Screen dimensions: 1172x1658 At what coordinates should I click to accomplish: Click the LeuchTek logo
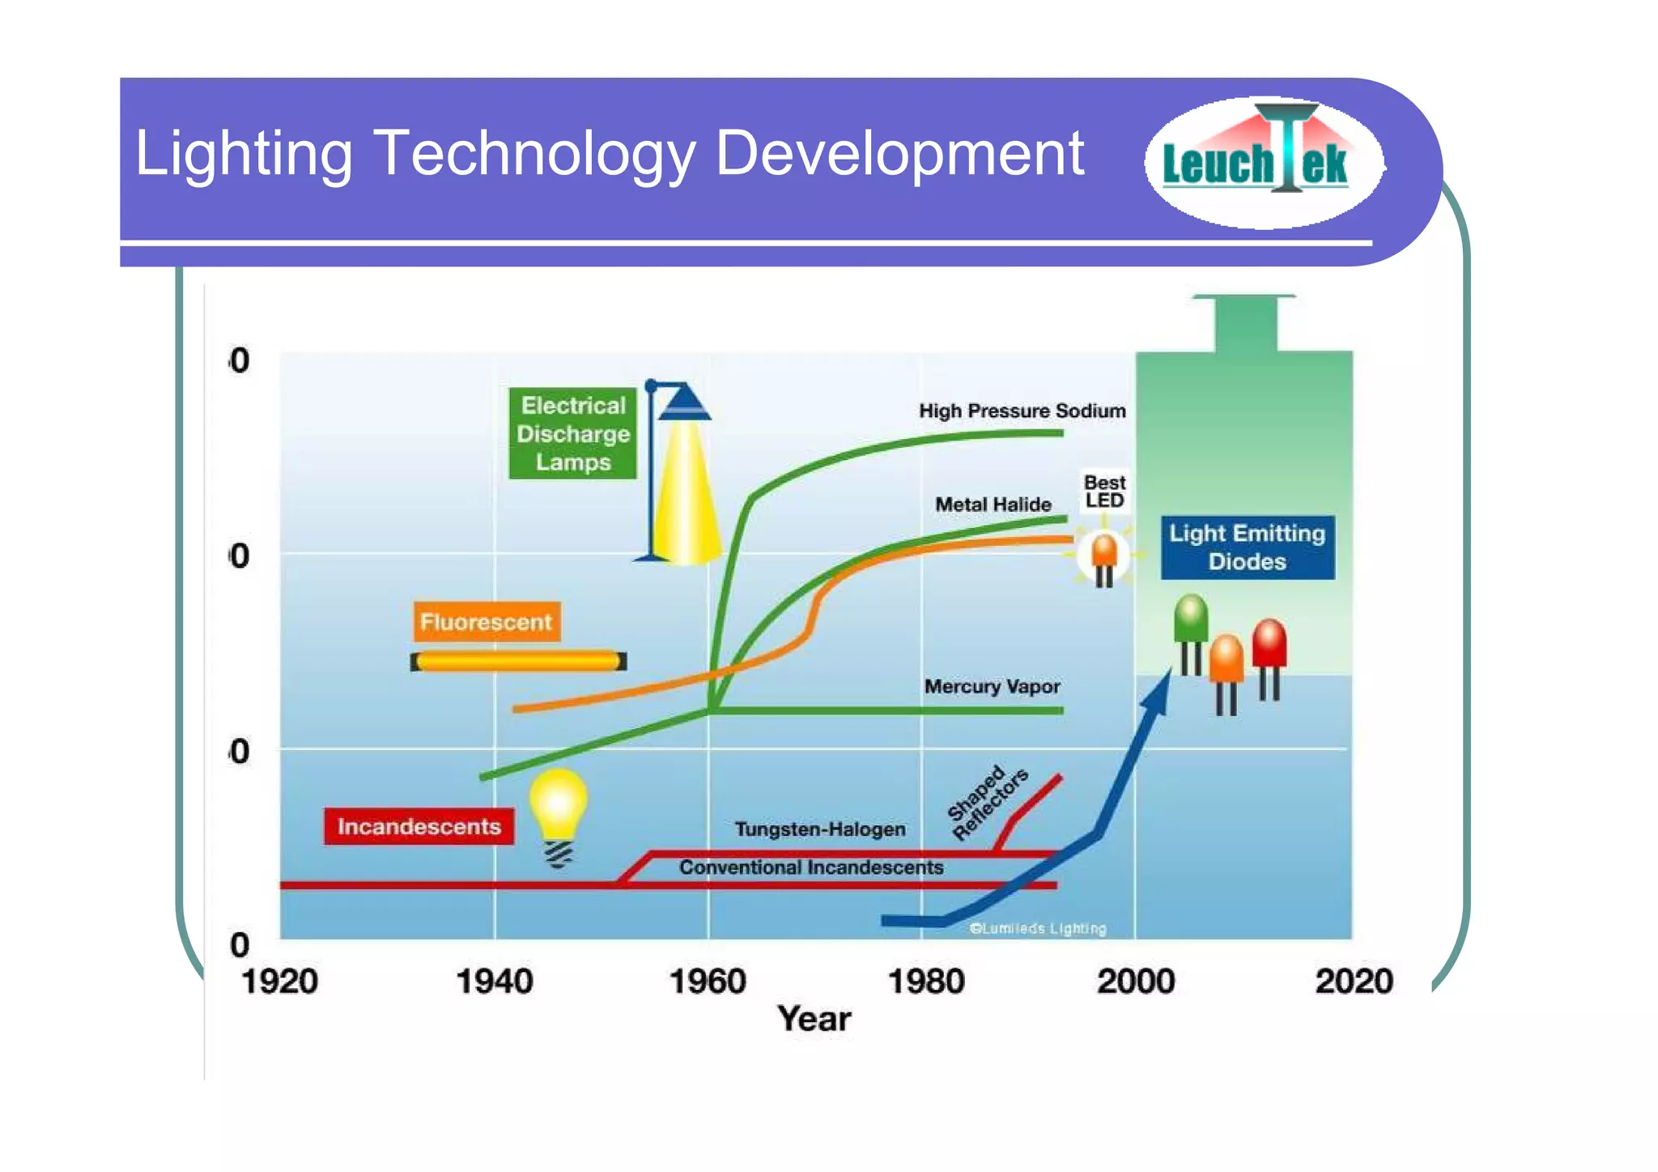(1263, 162)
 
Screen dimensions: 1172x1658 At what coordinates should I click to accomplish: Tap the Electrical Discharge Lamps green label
(572, 434)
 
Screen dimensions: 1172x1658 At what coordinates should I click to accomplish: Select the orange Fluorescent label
(486, 622)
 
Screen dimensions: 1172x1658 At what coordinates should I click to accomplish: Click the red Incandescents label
(419, 826)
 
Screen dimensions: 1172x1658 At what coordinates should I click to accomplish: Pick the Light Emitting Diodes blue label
(1247, 548)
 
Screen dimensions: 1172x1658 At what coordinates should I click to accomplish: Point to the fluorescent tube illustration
(518, 662)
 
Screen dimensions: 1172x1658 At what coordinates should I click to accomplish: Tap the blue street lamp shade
(684, 402)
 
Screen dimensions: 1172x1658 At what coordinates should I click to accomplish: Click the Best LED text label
(1104, 492)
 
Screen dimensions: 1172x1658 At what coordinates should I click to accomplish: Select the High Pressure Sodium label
(1022, 411)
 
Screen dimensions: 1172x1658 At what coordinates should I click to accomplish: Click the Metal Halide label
(993, 505)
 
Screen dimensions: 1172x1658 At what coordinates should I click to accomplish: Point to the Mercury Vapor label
(992, 687)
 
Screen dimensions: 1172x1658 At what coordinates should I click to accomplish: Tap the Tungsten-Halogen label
(819, 829)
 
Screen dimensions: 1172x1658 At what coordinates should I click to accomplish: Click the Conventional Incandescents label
(810, 867)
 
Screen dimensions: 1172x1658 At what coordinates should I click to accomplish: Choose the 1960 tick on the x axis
(708, 982)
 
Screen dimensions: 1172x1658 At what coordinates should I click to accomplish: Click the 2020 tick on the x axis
(1354, 982)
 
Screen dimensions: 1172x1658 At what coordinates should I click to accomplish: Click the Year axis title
(814, 1019)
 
